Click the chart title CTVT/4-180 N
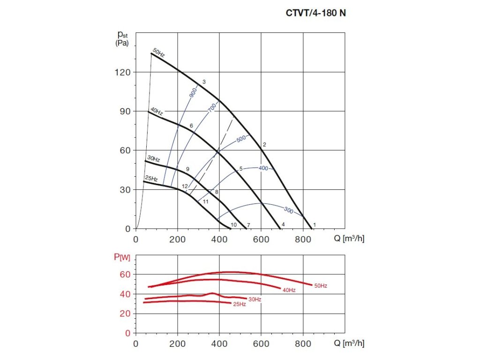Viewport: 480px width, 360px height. [316, 13]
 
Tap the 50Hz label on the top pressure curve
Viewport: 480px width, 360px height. [158, 53]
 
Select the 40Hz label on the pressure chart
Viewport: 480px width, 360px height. [156, 112]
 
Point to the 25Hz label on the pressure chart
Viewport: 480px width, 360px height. [151, 179]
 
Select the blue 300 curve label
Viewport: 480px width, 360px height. [288, 211]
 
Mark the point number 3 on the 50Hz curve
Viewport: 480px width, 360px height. [204, 82]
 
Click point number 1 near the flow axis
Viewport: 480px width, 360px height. [315, 225]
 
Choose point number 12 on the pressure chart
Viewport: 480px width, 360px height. [185, 187]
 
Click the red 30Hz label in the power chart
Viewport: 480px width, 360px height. [255, 299]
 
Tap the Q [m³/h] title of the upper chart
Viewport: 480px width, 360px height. [349, 239]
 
